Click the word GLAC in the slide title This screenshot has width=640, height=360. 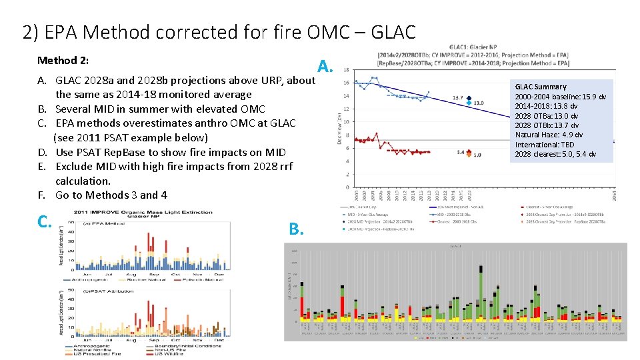(391, 31)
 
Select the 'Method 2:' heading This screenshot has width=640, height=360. (63, 61)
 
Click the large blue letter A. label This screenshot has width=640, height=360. (325, 66)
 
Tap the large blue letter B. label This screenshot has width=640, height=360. (297, 229)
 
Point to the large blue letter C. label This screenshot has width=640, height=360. (45, 221)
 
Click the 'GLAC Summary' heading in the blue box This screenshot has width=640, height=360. (541, 87)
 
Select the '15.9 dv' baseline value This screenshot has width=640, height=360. (593, 97)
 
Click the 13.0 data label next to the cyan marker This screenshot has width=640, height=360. (478, 103)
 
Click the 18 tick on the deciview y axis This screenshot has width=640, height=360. (345, 70)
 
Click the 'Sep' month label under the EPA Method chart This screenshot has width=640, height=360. (154, 273)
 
